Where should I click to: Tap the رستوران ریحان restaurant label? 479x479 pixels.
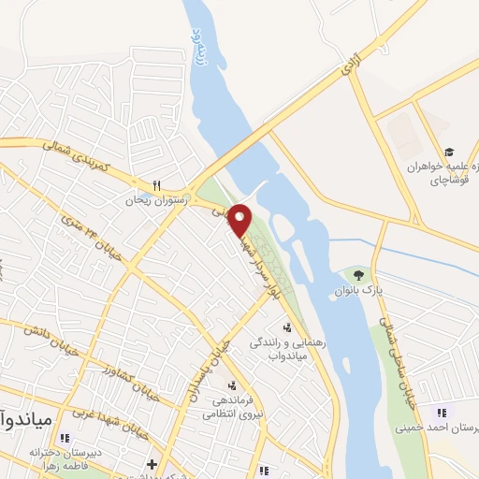tap(158, 199)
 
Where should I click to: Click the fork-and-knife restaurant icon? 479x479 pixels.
tap(157, 184)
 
